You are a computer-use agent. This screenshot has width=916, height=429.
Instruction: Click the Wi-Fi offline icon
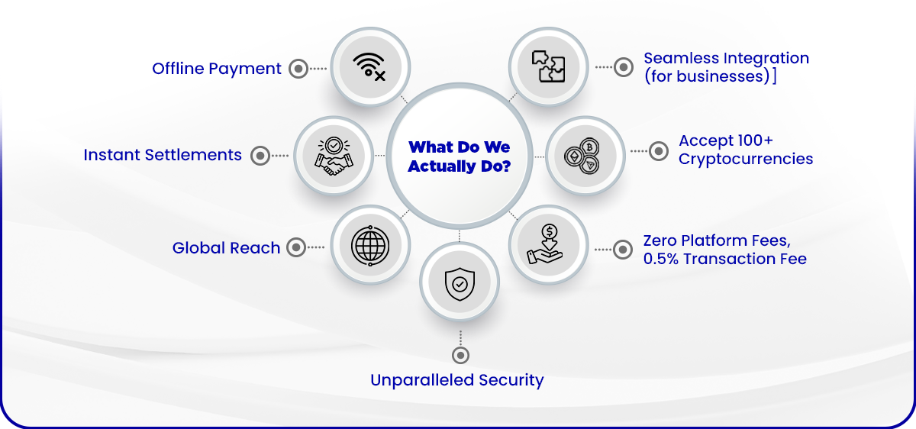[369, 67]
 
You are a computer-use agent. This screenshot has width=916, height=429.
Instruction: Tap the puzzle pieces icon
[548, 66]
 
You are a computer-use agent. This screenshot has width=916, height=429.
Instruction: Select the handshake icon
[334, 156]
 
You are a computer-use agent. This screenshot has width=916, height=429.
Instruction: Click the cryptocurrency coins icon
[582, 156]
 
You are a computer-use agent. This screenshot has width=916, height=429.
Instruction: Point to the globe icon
[370, 245]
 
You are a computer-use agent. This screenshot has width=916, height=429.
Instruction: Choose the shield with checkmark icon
[460, 284]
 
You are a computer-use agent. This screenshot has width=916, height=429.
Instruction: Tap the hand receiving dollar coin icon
[546, 244]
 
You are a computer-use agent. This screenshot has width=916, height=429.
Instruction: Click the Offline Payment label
[216, 69]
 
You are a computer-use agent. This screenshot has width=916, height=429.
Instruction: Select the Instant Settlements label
[163, 155]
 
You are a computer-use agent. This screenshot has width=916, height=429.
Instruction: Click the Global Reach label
[226, 248]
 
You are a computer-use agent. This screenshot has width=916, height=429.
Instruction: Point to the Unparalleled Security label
[456, 380]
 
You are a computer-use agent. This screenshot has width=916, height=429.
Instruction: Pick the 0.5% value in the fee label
[661, 259]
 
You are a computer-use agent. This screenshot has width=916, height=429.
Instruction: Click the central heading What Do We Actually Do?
[460, 156]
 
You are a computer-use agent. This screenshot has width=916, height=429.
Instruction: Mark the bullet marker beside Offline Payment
[298, 68]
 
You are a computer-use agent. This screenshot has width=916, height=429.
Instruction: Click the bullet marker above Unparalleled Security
[460, 356]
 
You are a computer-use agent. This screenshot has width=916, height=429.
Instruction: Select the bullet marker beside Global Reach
[296, 247]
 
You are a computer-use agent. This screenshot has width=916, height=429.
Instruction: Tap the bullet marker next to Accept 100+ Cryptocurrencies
[658, 151]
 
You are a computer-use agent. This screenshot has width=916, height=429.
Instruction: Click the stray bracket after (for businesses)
[774, 76]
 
